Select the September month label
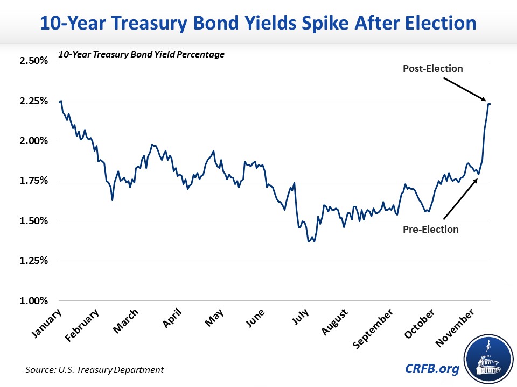(373, 330)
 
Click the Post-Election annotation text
(432, 69)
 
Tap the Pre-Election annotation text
(431, 230)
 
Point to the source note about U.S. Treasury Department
(94, 370)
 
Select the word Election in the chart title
(434, 24)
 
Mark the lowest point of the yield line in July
(309, 242)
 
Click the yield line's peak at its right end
(488, 104)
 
